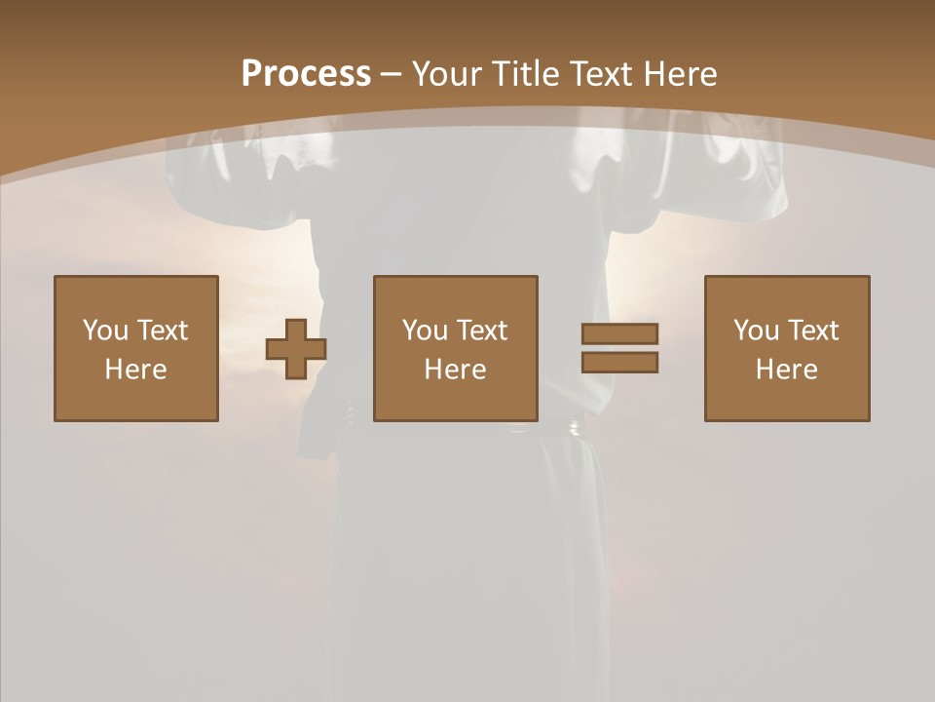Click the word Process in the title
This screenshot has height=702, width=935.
click(306, 74)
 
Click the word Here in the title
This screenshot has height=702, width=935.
click(684, 74)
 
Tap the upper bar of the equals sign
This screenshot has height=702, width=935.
click(619, 333)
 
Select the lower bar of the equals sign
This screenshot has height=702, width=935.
click(619, 362)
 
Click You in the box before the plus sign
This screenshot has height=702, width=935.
click(105, 331)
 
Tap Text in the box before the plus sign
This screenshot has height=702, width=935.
click(162, 331)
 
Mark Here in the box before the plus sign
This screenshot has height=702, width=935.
click(135, 370)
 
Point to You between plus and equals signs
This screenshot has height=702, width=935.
click(425, 331)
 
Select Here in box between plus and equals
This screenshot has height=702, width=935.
click(455, 370)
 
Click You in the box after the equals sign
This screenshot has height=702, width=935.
click(756, 331)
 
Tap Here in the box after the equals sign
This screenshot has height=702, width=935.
click(786, 370)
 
